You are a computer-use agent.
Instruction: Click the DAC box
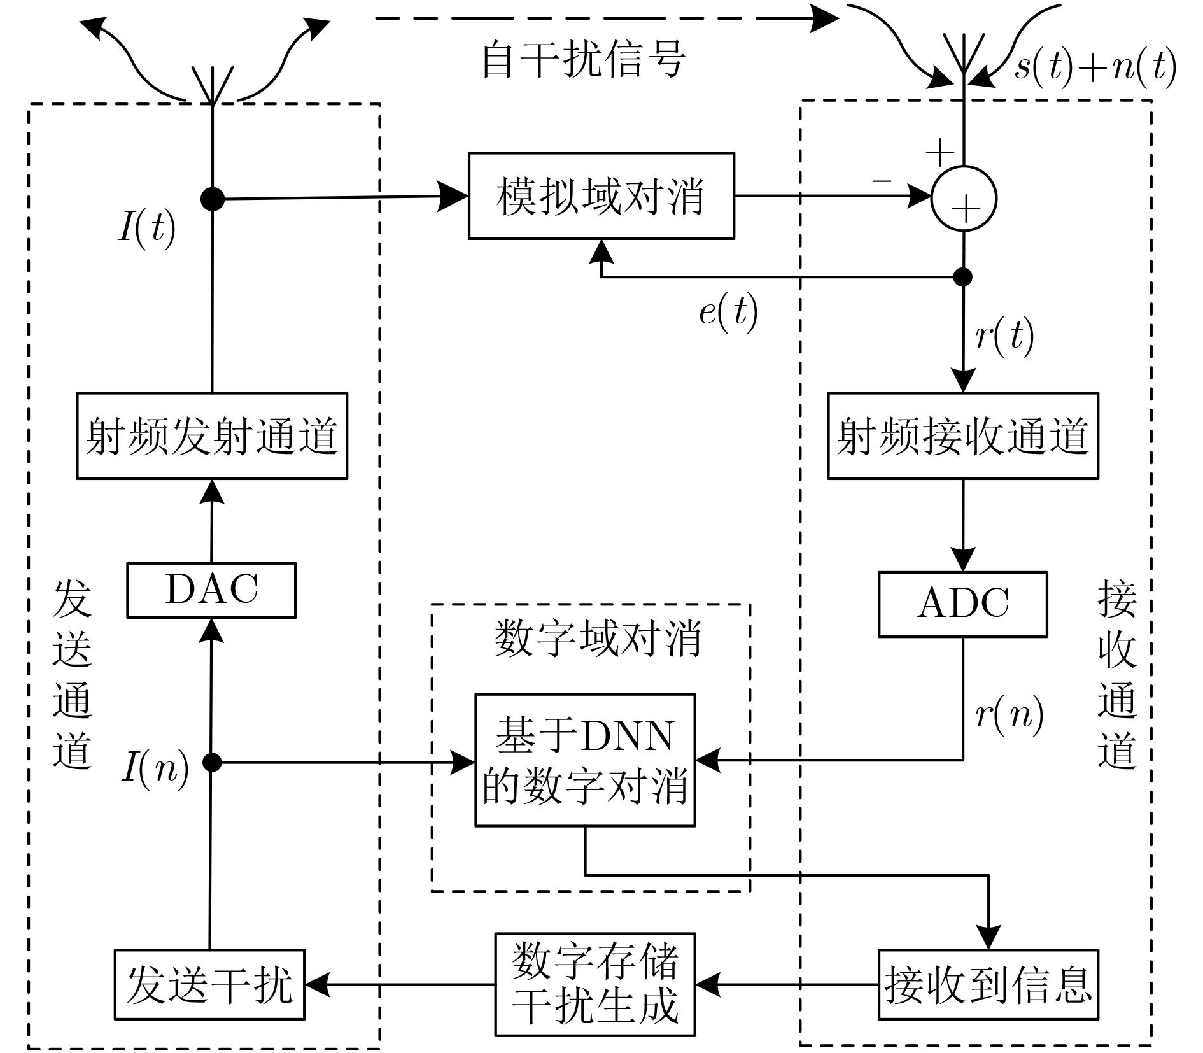pos(211,590)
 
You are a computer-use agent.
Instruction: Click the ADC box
pos(962,604)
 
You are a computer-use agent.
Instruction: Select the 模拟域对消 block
pos(601,196)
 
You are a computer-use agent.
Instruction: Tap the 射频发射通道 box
pos(212,436)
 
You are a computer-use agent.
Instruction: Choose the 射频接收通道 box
pos(962,436)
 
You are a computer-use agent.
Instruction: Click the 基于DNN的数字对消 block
pos(585,760)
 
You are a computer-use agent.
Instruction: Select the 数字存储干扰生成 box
pos(595,984)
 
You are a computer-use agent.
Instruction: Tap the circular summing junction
pos(964,199)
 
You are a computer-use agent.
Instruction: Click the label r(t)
pos(1004,336)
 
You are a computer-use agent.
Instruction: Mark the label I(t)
pos(146,228)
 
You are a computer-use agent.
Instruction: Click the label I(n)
pos(155,768)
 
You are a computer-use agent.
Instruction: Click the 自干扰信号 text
pos(583,60)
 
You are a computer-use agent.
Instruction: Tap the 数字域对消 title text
pos(597,638)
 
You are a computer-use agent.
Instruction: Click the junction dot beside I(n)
pos(212,762)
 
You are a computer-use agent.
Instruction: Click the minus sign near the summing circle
pos(882,181)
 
